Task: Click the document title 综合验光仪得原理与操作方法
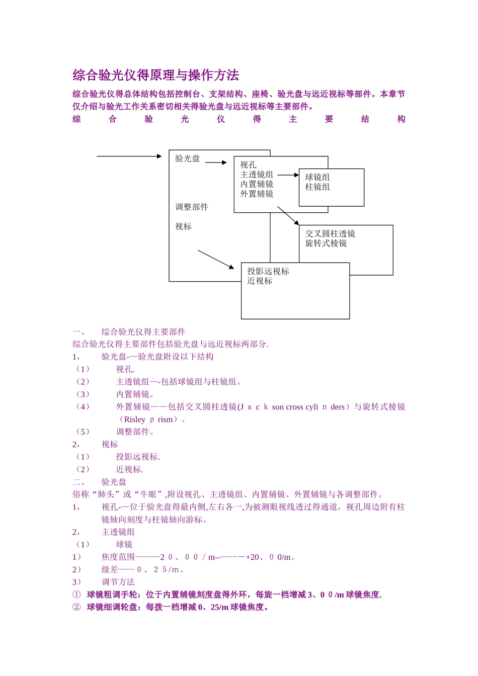tap(156, 75)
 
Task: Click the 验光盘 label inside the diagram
tap(187, 158)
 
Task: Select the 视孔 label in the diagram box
tap(248, 165)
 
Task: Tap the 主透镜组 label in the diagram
tap(257, 175)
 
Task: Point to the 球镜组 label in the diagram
tap(317, 177)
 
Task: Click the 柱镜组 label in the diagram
tap(317, 187)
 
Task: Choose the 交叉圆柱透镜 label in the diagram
tap(330, 234)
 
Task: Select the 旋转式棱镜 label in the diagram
tap(326, 243)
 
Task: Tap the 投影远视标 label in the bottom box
tap(268, 272)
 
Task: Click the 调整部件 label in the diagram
tap(192, 207)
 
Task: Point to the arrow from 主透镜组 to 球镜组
tap(288, 175)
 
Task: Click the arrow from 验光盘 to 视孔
tap(216, 162)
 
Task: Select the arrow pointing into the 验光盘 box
tap(129, 156)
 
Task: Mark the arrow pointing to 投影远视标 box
tap(216, 259)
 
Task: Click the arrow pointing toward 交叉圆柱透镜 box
tap(288, 216)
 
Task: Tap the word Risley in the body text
tap(135, 419)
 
